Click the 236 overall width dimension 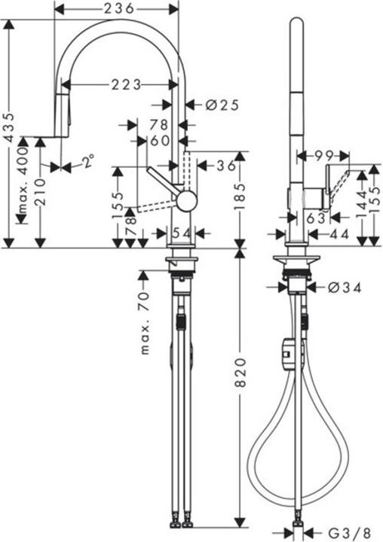tap(118, 8)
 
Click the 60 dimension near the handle tap(158, 140)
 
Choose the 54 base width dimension tap(179, 233)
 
